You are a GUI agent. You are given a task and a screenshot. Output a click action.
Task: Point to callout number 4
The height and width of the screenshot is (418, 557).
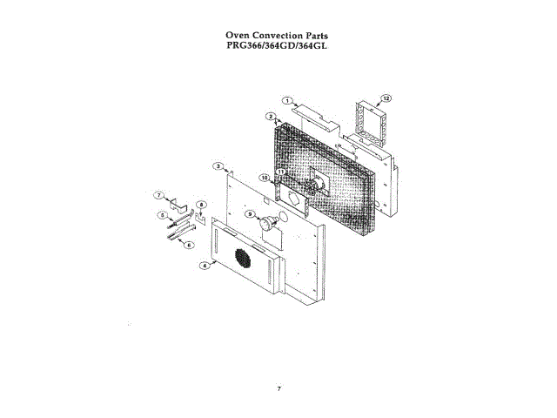point(204,265)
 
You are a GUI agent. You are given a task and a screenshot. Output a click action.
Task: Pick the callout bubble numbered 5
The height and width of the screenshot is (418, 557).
point(161,214)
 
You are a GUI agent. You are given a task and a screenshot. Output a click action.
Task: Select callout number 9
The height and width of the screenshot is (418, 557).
point(249,213)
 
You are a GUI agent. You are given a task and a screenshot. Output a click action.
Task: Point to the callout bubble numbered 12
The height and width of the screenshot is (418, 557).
point(386,98)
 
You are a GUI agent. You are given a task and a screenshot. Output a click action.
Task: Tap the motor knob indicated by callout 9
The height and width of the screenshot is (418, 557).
point(266,224)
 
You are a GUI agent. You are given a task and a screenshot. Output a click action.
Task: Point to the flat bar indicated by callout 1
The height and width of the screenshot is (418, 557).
point(314,111)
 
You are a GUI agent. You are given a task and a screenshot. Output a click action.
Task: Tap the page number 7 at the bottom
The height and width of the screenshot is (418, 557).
point(278,388)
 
